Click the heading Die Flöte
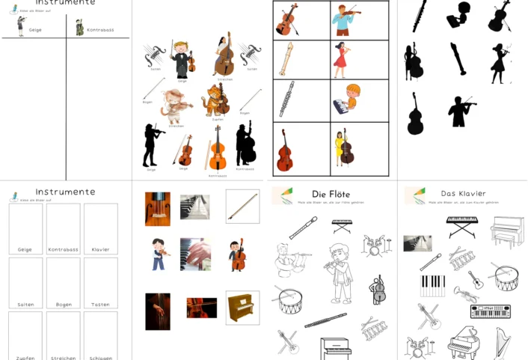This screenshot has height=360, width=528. [331, 195]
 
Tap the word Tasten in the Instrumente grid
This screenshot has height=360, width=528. [100, 305]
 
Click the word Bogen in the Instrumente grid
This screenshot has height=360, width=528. [63, 305]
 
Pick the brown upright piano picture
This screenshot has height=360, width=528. [242, 308]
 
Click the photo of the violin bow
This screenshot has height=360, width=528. [242, 206]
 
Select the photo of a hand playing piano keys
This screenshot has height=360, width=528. [196, 254]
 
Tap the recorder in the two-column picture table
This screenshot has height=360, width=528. [286, 59]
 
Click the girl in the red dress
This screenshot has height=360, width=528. [341, 59]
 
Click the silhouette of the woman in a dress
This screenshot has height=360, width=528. [499, 62]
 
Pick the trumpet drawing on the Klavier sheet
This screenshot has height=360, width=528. [474, 281]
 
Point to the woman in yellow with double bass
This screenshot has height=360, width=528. [344, 146]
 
